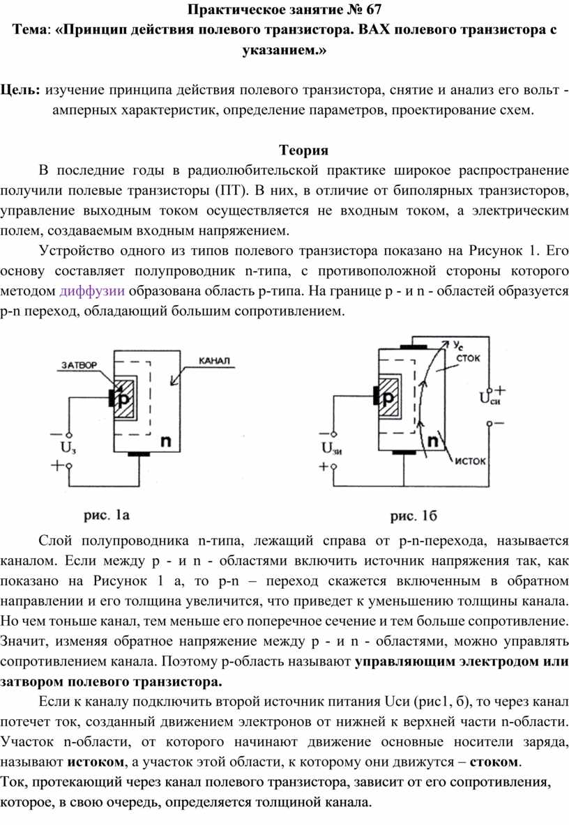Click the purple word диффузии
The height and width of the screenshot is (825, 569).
pyautogui.click(x=92, y=291)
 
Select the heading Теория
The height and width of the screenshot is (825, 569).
pyautogui.click(x=304, y=151)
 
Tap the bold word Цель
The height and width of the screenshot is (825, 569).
pyautogui.click(x=20, y=90)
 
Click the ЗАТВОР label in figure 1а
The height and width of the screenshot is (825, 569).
pyautogui.click(x=79, y=365)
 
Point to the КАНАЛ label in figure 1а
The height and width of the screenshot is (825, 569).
pyautogui.click(x=214, y=361)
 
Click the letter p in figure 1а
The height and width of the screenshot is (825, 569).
pyautogui.click(x=123, y=399)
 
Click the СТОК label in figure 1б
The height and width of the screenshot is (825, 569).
pyautogui.click(x=468, y=358)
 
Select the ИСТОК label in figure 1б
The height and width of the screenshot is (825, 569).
pyautogui.click(x=470, y=461)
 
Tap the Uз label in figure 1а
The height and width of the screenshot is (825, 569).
pyautogui.click(x=68, y=448)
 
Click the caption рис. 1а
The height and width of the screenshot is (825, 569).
pyautogui.click(x=106, y=515)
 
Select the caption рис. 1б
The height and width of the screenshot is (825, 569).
pyautogui.click(x=414, y=516)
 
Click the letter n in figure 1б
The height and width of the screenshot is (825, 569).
pyautogui.click(x=432, y=441)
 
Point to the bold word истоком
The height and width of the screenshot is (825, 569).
pyautogui.click(x=96, y=762)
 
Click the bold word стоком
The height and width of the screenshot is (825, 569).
pyautogui.click(x=494, y=762)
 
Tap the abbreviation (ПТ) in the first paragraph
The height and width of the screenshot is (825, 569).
pyautogui.click(x=231, y=190)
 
